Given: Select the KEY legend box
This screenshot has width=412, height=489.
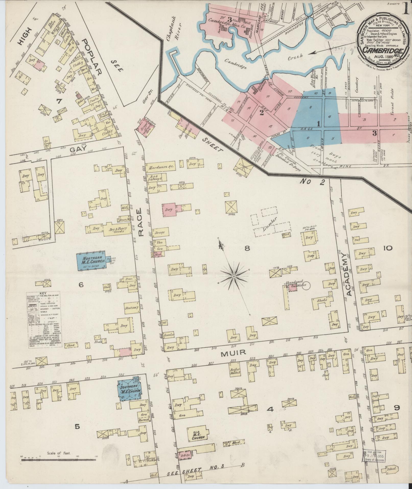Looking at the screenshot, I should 45,320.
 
